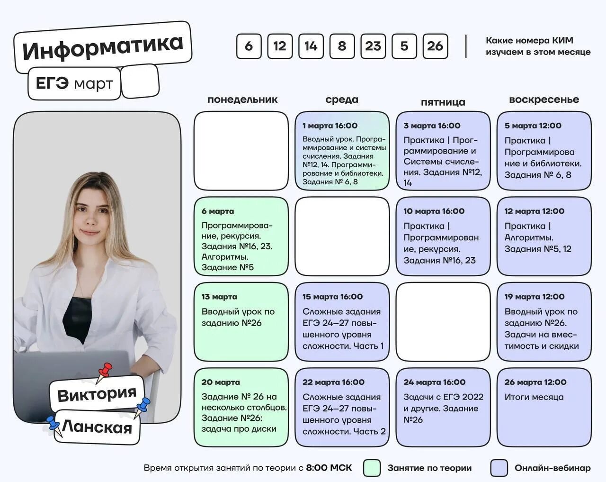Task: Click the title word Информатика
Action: (x=102, y=46)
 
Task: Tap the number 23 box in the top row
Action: (x=373, y=46)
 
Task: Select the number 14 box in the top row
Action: (x=311, y=46)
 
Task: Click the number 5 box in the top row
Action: (x=404, y=46)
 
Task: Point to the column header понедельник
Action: (x=242, y=100)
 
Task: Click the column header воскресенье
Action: (x=544, y=100)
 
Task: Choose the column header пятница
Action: (x=443, y=102)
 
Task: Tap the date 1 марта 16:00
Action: (x=330, y=126)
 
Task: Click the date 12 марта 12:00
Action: (x=534, y=211)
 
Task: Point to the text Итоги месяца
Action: (x=534, y=397)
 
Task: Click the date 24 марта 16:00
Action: (x=434, y=382)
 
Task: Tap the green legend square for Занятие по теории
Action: (x=372, y=468)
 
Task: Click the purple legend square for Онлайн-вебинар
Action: (x=499, y=468)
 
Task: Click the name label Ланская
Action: (x=97, y=427)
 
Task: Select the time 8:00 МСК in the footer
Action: (x=329, y=468)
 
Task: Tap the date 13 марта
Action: (x=219, y=297)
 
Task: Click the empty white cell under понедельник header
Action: (x=241, y=151)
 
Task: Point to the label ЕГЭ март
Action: (x=74, y=84)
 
